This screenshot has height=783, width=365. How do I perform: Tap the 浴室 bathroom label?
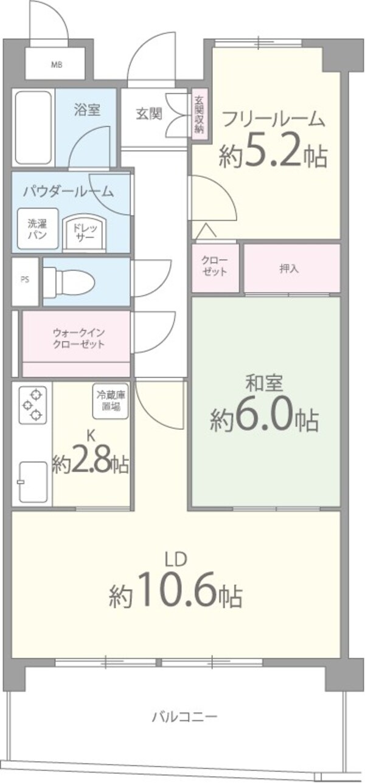pos(87,110)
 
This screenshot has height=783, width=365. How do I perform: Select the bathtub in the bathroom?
pos(33,128)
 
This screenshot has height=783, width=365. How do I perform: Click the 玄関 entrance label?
pos(148,113)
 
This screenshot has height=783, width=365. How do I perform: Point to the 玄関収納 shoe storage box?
pos(199,115)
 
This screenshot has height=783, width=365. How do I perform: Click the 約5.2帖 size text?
pos(273,156)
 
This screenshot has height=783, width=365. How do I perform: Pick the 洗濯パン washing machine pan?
pos(37,227)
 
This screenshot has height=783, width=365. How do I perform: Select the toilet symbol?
pos(69,281)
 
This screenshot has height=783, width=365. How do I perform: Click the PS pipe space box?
pos(25,280)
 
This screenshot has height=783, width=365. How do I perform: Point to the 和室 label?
pos(263,384)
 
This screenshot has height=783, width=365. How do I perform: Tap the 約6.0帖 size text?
pos(264,419)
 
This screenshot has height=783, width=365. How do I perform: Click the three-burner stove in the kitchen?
pos(32,405)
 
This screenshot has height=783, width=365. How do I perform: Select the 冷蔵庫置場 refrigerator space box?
pos(111,402)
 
